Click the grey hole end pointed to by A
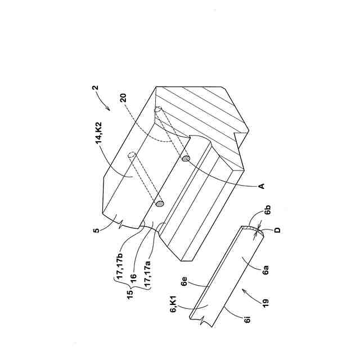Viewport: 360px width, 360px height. pos(185,159)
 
